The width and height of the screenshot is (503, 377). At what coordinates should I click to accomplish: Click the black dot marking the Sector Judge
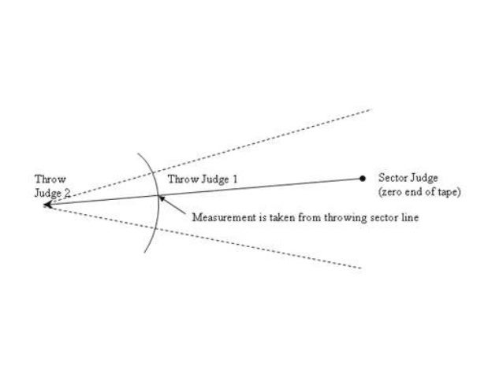(x=363, y=179)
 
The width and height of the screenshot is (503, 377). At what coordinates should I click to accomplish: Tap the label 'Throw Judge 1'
(x=203, y=179)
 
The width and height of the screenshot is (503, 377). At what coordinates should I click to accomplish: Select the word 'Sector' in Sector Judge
(x=392, y=178)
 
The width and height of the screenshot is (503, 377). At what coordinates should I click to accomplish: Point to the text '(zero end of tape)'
(x=419, y=192)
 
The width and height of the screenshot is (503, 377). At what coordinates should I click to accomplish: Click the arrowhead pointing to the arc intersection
(x=163, y=198)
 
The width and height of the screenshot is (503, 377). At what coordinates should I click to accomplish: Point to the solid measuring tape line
(x=260, y=187)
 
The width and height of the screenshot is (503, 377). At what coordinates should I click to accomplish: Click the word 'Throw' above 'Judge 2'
(x=46, y=178)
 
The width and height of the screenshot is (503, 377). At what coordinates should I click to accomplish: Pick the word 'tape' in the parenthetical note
(x=446, y=192)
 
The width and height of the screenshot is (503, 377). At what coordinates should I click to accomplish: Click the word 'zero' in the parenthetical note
(x=393, y=192)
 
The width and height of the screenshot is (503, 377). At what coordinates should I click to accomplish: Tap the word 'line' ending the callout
(x=409, y=217)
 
